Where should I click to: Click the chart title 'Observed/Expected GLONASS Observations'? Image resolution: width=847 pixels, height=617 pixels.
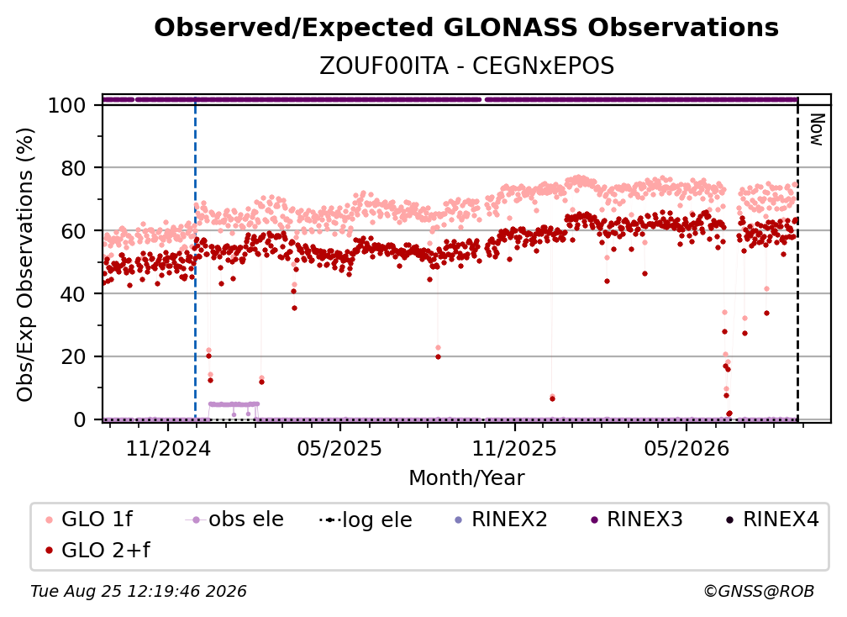click(x=466, y=28)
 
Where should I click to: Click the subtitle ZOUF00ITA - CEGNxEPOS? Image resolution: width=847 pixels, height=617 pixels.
click(x=466, y=66)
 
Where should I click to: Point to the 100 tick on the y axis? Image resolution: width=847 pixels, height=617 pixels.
click(x=67, y=105)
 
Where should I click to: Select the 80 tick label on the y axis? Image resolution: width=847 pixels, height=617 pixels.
click(x=73, y=168)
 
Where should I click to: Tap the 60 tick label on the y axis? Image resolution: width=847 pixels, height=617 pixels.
click(x=73, y=230)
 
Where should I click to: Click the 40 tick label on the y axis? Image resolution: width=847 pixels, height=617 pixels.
click(x=73, y=294)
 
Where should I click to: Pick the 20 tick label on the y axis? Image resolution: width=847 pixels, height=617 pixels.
click(x=73, y=356)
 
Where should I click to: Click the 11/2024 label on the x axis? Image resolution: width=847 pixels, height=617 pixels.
click(x=168, y=448)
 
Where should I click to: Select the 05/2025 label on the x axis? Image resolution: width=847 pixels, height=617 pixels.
click(x=339, y=448)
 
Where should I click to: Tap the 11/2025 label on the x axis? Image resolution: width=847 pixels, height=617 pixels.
click(x=514, y=448)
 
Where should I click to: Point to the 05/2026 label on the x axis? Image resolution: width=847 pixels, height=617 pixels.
click(x=686, y=448)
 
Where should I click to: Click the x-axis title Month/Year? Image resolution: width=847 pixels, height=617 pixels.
click(x=466, y=477)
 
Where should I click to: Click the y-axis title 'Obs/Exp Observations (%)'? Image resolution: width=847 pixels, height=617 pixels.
click(x=25, y=265)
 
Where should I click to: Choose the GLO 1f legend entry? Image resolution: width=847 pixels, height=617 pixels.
click(x=89, y=519)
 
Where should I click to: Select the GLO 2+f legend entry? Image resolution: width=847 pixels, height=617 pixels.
click(x=97, y=550)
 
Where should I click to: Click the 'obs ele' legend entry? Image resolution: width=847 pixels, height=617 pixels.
click(x=234, y=519)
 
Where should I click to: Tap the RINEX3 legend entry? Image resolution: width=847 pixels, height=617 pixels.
click(x=637, y=519)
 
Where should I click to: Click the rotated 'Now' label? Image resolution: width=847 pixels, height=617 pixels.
click(x=817, y=129)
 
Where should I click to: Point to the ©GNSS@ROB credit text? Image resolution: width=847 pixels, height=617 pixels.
click(x=759, y=591)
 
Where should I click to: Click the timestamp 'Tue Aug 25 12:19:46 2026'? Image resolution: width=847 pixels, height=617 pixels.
click(x=139, y=591)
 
